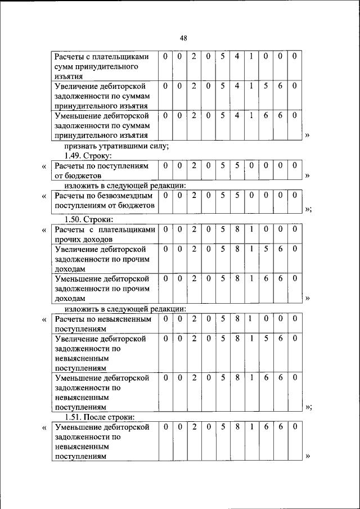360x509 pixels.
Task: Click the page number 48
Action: coord(183,38)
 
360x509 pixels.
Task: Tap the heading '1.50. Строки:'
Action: coord(88,219)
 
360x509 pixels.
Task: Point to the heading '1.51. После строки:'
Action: coord(99,417)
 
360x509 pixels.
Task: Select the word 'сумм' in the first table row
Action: coord(64,67)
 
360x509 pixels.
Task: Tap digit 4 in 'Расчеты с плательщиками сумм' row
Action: coord(237,56)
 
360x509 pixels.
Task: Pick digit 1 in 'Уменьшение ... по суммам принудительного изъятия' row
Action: coord(251,115)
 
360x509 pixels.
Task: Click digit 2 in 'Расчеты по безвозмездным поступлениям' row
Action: coord(193,195)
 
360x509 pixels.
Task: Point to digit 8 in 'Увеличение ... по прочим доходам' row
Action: coord(237,248)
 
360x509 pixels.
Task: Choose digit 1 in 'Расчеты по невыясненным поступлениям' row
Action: coord(251,319)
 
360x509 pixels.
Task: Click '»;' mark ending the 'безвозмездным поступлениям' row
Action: coord(308,209)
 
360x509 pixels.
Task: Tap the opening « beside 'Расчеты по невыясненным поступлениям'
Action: coord(44,319)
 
